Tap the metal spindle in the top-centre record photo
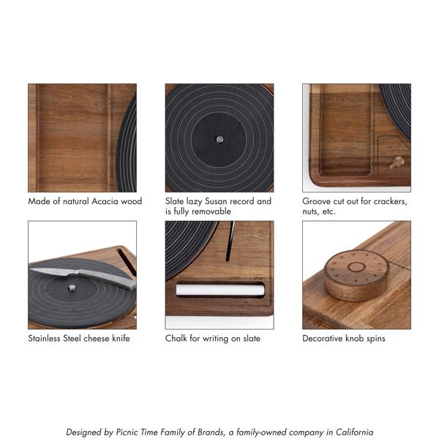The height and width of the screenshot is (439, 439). tap(219, 139)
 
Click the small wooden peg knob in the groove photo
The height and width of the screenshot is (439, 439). tap(397, 162)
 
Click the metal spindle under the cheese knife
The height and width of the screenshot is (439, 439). tap(72, 288)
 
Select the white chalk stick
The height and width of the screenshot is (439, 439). tap(220, 289)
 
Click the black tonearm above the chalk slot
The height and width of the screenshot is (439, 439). tap(230, 241)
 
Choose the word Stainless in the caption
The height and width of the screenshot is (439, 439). tap(44, 338)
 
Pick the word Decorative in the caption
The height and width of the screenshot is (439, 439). tap(323, 338)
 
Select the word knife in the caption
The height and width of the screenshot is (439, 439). tap(121, 338)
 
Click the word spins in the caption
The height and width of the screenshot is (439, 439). tap(376, 339)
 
